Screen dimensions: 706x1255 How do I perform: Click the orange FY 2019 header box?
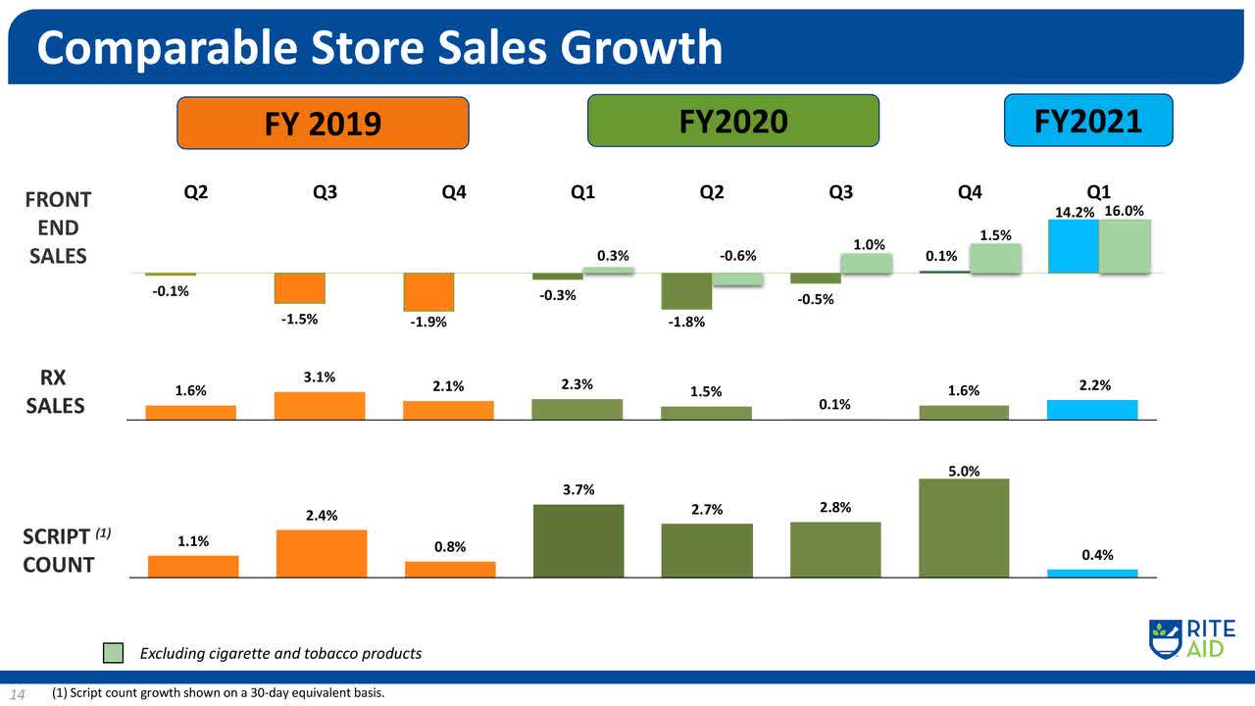coord(323,123)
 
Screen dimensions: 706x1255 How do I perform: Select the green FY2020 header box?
coord(732,121)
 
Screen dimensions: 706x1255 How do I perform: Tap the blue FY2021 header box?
coord(1088,120)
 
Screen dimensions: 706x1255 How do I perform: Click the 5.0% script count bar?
coord(964,528)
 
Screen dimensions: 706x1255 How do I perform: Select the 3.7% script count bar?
coord(577,540)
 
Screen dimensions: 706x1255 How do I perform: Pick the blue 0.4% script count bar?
coord(1092,573)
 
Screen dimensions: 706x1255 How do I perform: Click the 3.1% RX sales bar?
coord(320,406)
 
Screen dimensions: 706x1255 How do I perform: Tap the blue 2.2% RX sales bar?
coord(1092,410)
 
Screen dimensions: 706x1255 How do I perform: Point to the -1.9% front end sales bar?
coord(428,292)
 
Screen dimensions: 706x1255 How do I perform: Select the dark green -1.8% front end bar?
coord(686,291)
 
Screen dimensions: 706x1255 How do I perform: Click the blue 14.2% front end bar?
coord(1073,246)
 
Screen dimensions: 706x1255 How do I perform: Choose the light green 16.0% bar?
coord(1125,246)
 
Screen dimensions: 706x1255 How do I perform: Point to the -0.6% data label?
coord(737,256)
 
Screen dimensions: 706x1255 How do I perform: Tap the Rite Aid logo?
coord(1190,638)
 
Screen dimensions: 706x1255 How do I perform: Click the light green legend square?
coord(114,653)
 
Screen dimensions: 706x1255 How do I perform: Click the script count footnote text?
coord(220,694)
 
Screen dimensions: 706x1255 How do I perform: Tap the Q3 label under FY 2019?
coord(325,193)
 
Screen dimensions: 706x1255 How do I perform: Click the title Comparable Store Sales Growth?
coord(379,47)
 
